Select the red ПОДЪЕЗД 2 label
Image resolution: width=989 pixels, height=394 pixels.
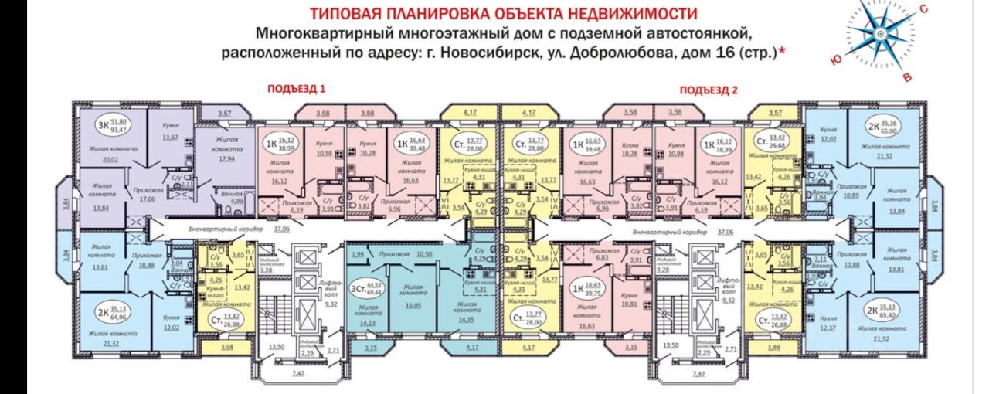click(709, 89)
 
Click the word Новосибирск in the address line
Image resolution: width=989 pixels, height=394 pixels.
click(515, 54)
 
